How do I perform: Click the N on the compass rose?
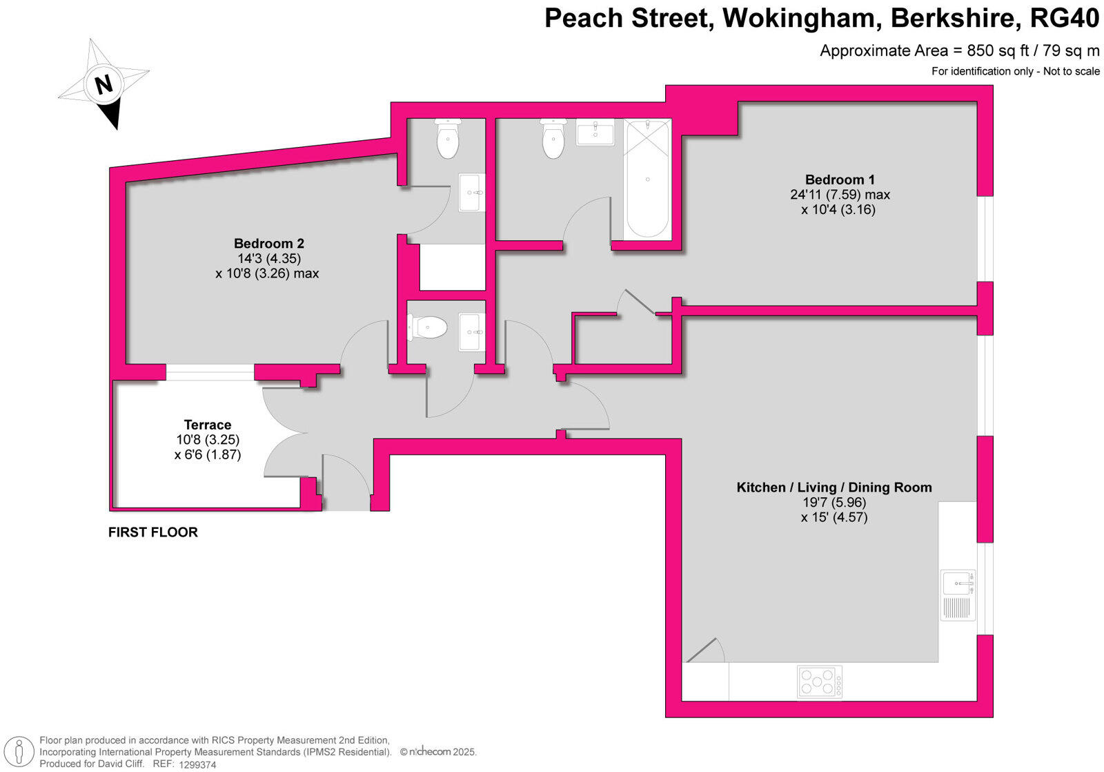pos(103,85)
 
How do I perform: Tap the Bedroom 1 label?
pos(840,180)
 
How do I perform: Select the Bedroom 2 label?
pos(268,243)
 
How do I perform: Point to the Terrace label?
pos(208,425)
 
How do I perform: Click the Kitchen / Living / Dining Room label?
pos(834,488)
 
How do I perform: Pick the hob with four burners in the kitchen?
pos(820,682)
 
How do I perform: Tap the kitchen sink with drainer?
pos(958,594)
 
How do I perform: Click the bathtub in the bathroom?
pos(647,179)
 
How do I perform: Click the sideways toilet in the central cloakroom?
pos(428,327)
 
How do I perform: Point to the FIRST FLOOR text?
pos(153,532)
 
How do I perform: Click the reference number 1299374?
pos(197,764)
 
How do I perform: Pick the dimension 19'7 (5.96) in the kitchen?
pos(834,503)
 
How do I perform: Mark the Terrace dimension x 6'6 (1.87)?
pos(208,454)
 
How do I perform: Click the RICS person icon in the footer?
pos(23,751)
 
